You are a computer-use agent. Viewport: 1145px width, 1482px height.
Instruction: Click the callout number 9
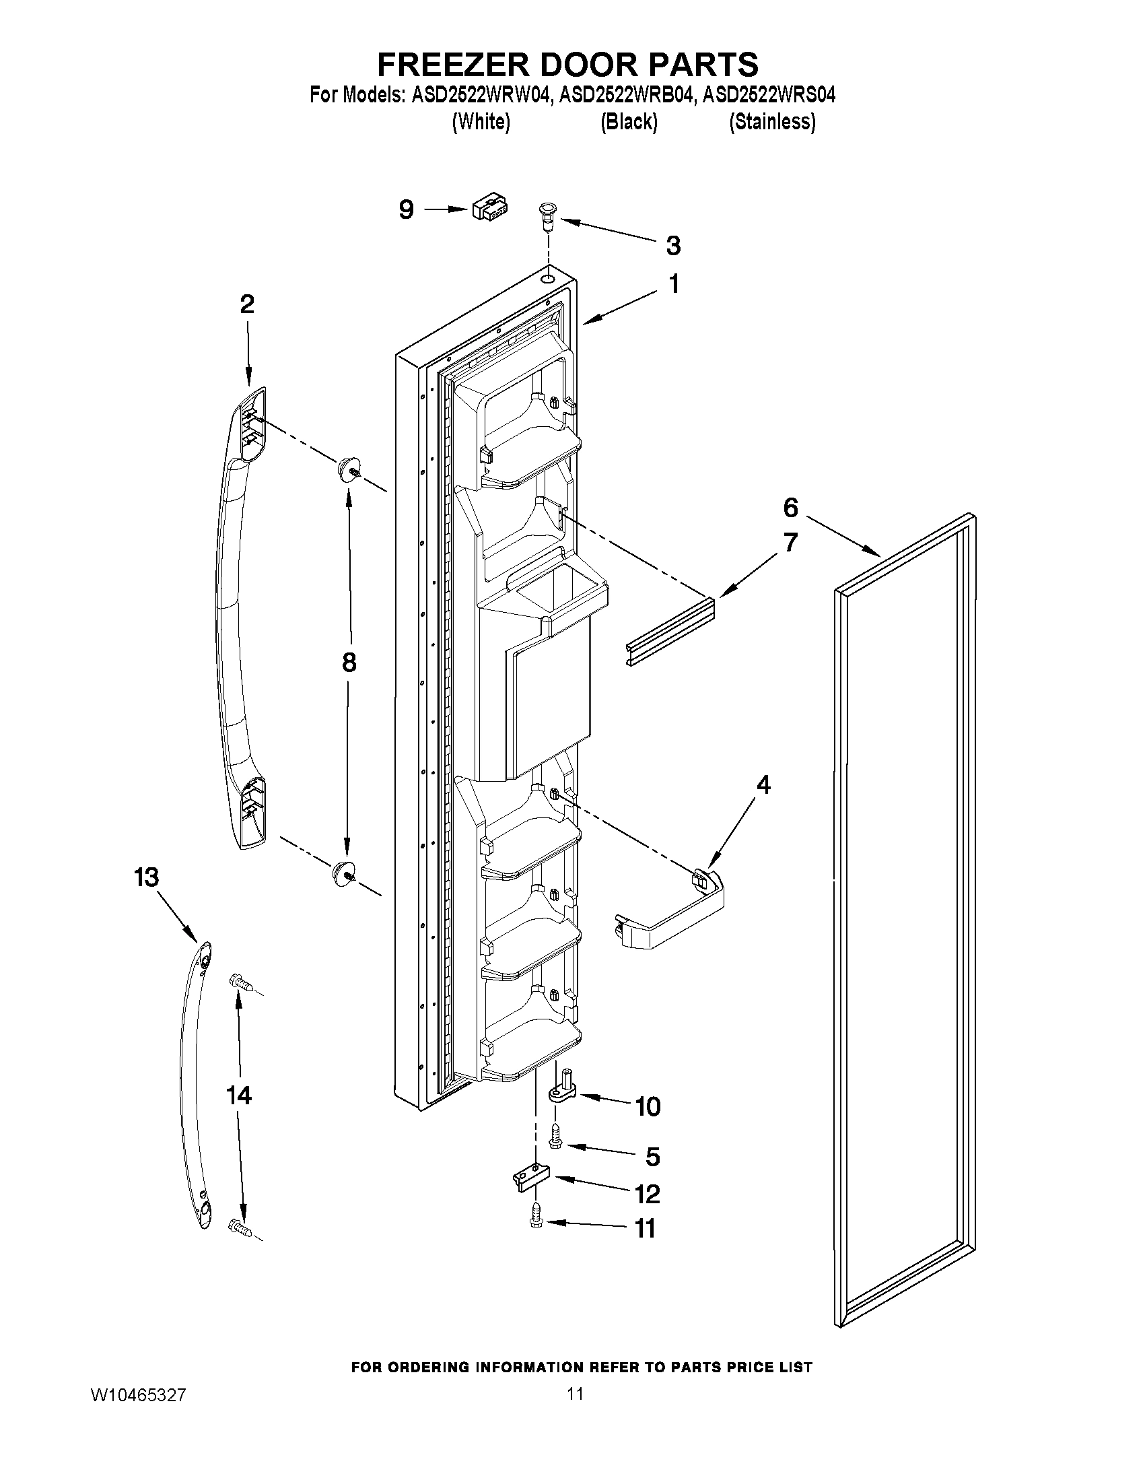[406, 209]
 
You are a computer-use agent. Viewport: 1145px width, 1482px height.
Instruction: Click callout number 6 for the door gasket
[790, 508]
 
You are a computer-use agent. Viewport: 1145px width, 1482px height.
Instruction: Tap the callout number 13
[146, 877]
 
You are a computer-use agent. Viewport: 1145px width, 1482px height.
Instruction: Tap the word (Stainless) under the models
[772, 122]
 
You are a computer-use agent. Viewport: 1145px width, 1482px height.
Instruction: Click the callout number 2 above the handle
[247, 304]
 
